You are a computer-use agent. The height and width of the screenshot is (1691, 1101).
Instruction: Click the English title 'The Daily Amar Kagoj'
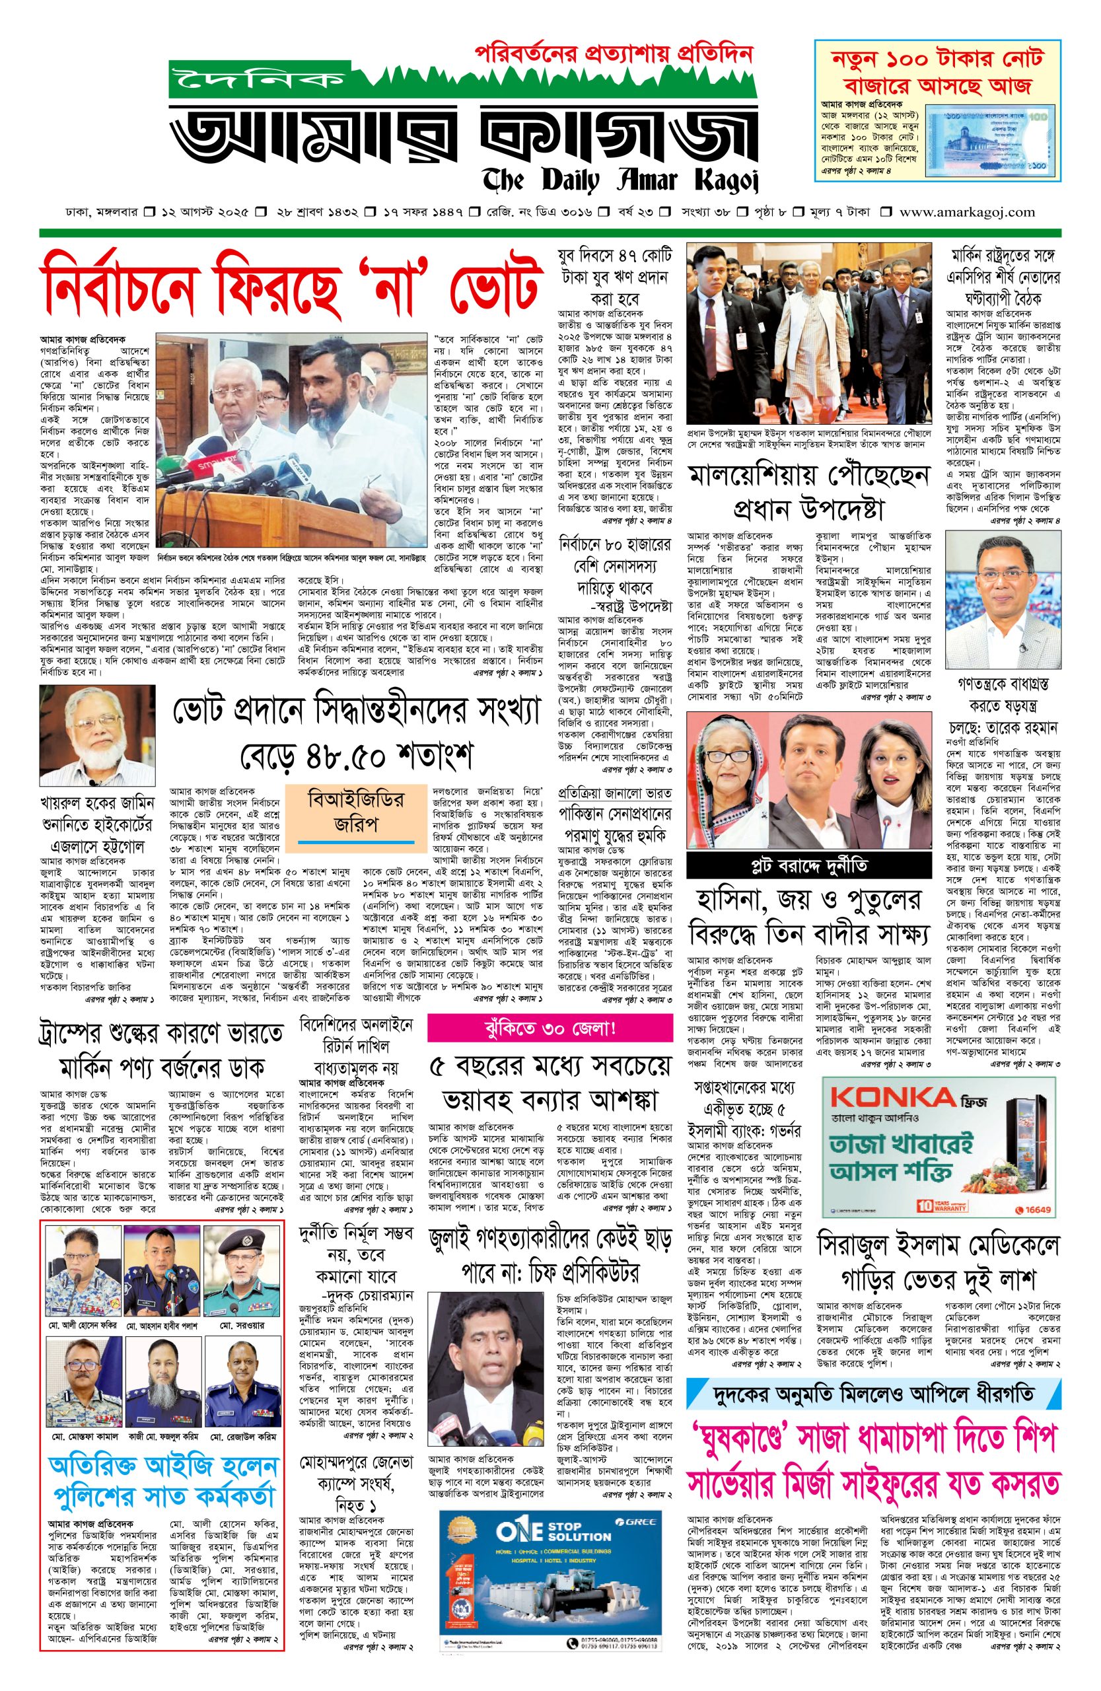[x=620, y=180]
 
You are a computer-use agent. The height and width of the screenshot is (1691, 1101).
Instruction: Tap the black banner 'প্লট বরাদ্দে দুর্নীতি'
[x=808, y=866]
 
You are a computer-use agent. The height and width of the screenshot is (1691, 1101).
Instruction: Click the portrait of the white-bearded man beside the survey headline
[x=98, y=734]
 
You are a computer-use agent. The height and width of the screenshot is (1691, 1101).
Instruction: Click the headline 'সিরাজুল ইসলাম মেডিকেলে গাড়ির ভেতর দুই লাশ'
[x=938, y=1261]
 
